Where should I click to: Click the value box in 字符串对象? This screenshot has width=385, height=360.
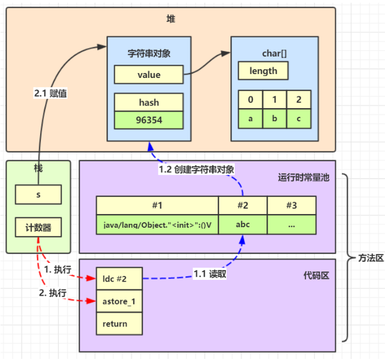(x=148, y=75)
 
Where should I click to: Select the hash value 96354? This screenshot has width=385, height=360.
(x=148, y=120)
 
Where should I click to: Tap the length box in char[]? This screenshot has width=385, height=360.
(x=263, y=71)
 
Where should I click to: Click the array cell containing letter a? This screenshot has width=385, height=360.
(x=250, y=119)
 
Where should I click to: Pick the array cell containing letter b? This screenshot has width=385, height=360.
(x=274, y=119)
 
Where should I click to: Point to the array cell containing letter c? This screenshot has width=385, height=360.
(x=298, y=119)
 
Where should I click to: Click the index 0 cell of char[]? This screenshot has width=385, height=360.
(x=250, y=100)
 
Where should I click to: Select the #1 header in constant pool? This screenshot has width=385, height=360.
(x=157, y=205)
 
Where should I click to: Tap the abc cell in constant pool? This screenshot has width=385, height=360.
(x=242, y=224)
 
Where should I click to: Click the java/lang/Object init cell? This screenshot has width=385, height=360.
(x=157, y=224)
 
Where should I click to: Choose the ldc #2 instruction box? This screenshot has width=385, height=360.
(x=119, y=278)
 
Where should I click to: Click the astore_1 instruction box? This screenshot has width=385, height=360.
(x=119, y=301)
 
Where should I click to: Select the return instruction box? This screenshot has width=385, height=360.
(x=119, y=324)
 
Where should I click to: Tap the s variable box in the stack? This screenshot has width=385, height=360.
(x=38, y=194)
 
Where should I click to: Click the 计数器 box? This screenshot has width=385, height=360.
(x=38, y=227)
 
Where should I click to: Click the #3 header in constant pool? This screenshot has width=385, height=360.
(x=291, y=205)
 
